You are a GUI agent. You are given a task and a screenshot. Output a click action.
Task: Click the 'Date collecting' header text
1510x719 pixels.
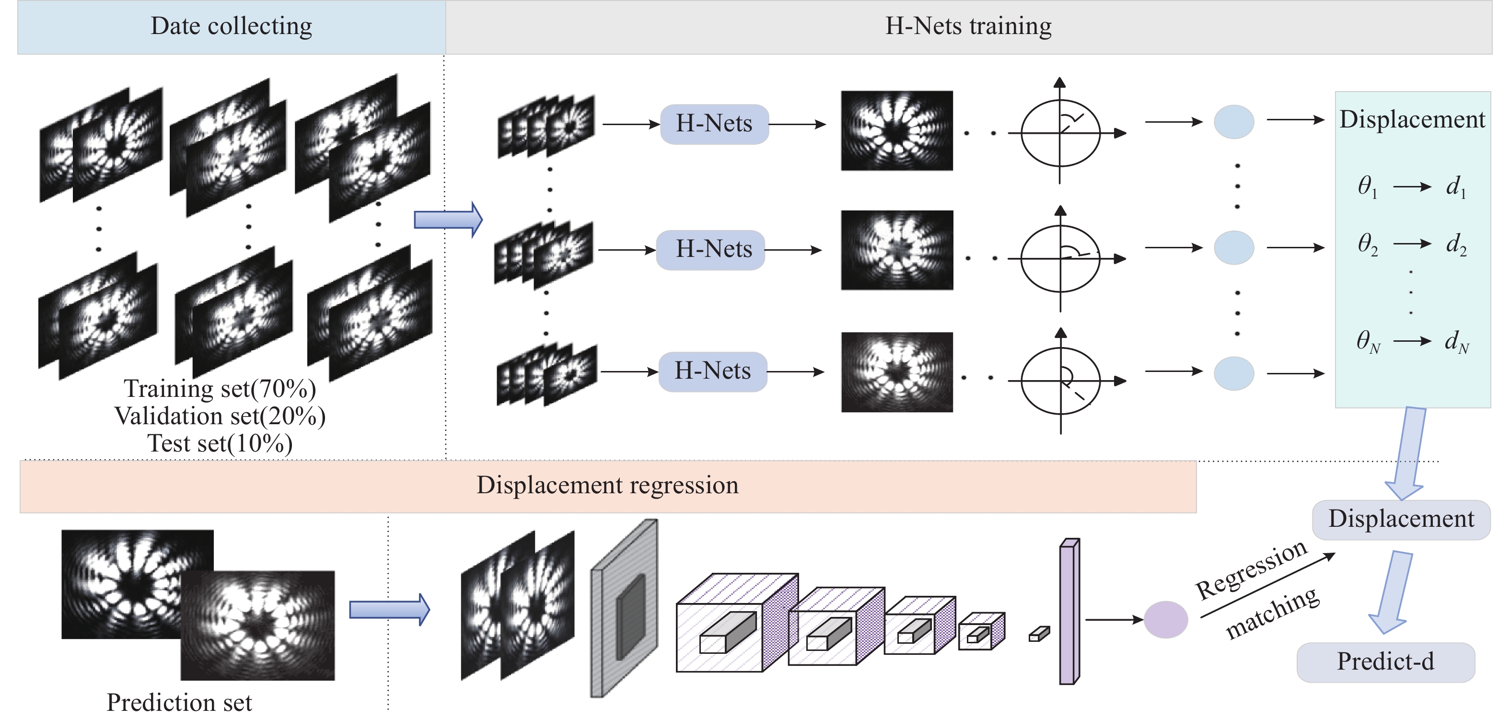tap(231, 26)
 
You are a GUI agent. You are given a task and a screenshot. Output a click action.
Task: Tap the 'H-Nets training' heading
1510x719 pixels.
tap(968, 26)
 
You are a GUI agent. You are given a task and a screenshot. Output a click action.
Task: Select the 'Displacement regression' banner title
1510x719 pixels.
tap(607, 485)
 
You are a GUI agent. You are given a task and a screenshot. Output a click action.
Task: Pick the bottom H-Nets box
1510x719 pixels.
tap(713, 371)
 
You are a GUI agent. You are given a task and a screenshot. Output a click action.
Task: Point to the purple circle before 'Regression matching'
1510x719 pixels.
tap(1166, 619)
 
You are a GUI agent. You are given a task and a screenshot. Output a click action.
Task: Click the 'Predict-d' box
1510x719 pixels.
tap(1386, 662)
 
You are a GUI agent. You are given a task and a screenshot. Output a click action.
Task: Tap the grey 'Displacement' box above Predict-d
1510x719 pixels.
tap(1401, 520)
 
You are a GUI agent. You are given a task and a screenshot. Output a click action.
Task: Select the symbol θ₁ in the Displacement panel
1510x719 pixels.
tap(1367, 187)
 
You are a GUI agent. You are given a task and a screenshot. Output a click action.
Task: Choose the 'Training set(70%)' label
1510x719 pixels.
tap(220, 389)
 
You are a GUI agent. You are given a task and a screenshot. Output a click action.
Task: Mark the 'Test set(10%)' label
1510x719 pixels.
tap(220, 443)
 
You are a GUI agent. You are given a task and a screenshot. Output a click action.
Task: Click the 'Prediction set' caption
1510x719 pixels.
tap(179, 703)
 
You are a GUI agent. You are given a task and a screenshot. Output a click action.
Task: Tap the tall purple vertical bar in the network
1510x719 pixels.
tap(1069, 611)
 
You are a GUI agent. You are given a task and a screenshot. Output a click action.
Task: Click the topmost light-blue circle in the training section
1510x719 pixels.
tap(1234, 122)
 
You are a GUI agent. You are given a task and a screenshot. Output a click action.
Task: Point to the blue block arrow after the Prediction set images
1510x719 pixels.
tap(390, 609)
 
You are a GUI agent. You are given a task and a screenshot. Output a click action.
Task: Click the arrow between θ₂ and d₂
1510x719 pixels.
tap(1412, 244)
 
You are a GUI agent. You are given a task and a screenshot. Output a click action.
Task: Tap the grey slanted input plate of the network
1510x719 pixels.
tap(624, 608)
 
